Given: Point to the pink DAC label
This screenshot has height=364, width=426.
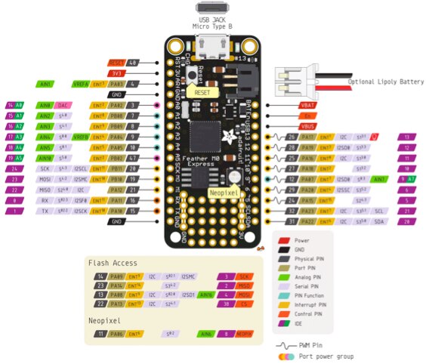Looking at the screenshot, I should pyautogui.click(x=64, y=106).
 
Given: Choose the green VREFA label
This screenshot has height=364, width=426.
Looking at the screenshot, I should pyautogui.click(x=81, y=84).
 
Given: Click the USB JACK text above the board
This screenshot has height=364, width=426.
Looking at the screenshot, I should pyautogui.click(x=215, y=20).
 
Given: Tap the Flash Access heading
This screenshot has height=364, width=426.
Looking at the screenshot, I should pyautogui.click(x=113, y=263).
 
